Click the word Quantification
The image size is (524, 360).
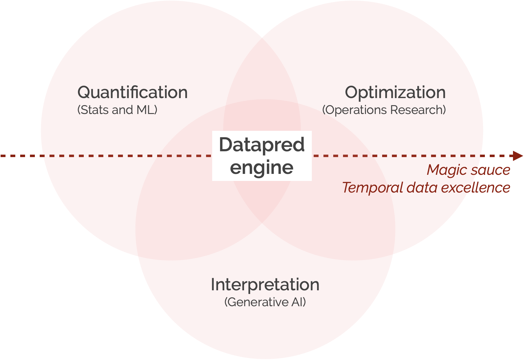[132, 92]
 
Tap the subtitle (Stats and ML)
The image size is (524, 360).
[117, 110]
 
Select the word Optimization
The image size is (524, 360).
[395, 92]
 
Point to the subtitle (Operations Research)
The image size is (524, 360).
[384, 110]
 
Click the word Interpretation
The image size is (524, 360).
[265, 285]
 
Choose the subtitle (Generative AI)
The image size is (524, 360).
[265, 302]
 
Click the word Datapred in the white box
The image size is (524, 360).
[262, 145]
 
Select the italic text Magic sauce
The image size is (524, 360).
[468, 170]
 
